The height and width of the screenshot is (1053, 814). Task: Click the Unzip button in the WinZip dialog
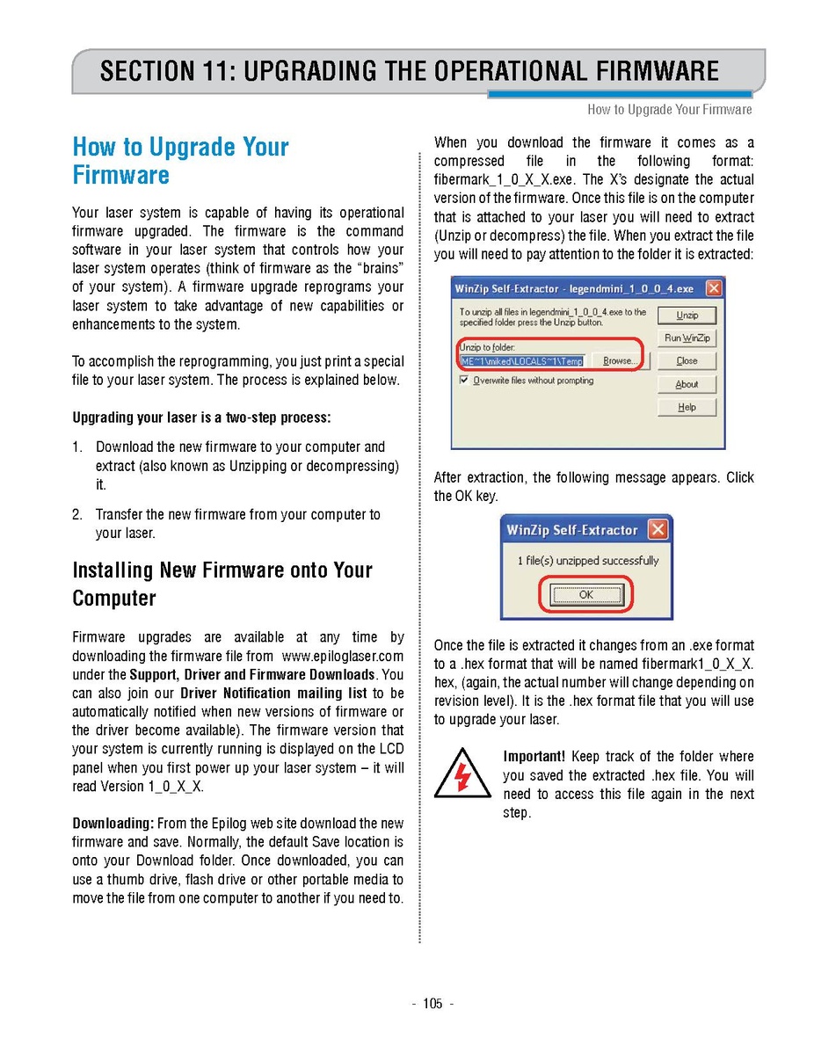[x=687, y=315]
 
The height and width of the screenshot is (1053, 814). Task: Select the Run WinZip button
[x=687, y=338]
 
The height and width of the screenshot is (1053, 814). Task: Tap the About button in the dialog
[x=687, y=384]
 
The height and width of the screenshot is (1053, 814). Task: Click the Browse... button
[x=618, y=361]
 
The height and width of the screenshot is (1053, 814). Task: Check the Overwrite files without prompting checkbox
[x=464, y=381]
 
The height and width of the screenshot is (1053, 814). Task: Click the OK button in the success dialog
[x=585, y=595]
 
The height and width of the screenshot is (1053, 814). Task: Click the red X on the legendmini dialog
[x=713, y=288]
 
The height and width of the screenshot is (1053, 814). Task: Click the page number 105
[x=432, y=1004]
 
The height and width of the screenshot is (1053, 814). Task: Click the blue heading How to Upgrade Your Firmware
[x=180, y=160]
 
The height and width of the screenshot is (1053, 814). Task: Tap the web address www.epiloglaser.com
[x=343, y=656]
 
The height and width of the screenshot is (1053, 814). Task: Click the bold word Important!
[x=533, y=757]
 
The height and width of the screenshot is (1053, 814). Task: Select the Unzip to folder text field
[x=521, y=361]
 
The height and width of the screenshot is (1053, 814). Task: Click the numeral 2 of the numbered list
[x=77, y=514]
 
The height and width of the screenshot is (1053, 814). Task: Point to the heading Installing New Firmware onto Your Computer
[x=222, y=584]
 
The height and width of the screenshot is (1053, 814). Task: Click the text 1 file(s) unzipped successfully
[x=587, y=561]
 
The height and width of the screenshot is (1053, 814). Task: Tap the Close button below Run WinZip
[x=687, y=361]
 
